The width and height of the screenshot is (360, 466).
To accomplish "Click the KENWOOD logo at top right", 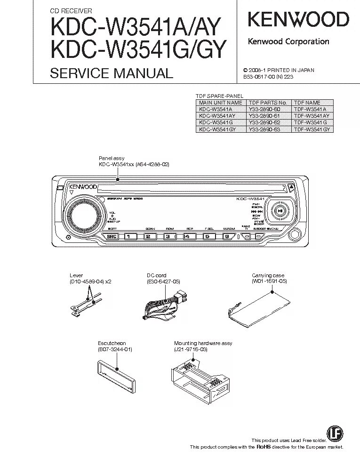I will pyautogui.click(x=298, y=19).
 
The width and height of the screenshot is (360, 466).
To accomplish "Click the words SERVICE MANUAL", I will pyautogui.click(x=112, y=73).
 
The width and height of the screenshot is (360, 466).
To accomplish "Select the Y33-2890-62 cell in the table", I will pyautogui.click(x=267, y=122).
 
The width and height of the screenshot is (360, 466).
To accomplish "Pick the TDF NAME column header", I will pyautogui.click(x=307, y=102).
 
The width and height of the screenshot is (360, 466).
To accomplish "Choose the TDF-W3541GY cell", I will pyautogui.click(x=312, y=129).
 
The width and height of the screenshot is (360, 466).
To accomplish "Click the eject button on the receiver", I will pyautogui.click(x=292, y=188).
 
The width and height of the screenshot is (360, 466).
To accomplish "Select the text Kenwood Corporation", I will pyautogui.click(x=288, y=41).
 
